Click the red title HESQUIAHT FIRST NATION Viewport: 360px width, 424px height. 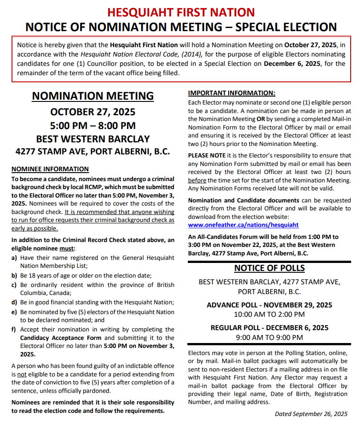[181, 12]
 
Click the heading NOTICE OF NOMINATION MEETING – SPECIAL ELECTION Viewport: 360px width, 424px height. [181, 27]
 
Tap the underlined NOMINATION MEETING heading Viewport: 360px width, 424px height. [93, 96]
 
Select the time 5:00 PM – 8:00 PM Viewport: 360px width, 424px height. [93, 125]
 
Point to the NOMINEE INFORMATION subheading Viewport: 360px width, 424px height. [50, 169]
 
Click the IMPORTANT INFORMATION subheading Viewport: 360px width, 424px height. [231, 93]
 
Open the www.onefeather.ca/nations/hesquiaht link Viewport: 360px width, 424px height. [243, 225]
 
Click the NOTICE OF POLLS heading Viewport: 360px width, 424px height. [269, 268]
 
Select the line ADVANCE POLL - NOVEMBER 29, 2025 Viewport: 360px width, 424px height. [269, 305]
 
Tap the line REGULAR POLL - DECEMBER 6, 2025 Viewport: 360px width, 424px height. [269, 328]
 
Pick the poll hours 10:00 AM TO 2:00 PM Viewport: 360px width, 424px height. [269, 315]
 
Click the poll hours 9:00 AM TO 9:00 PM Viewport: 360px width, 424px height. [269, 337]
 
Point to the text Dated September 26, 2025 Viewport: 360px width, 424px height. [311, 414]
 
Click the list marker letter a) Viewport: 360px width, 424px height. [15, 258]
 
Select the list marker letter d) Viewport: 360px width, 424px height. [15, 302]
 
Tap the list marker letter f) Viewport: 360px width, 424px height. [14, 329]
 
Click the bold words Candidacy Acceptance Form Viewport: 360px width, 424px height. [61, 338]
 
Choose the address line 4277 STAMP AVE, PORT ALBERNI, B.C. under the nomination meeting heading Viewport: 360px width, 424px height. [93, 151]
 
